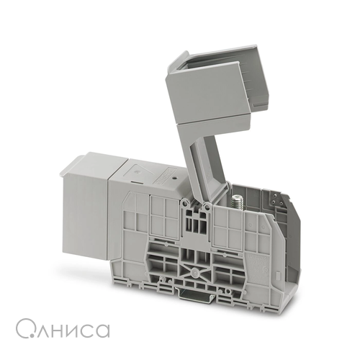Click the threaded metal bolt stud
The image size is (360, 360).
(235, 203)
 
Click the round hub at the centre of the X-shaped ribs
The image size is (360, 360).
(194, 273)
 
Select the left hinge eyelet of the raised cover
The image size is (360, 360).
(185, 204)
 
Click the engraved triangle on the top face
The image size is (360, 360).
(140, 172)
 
